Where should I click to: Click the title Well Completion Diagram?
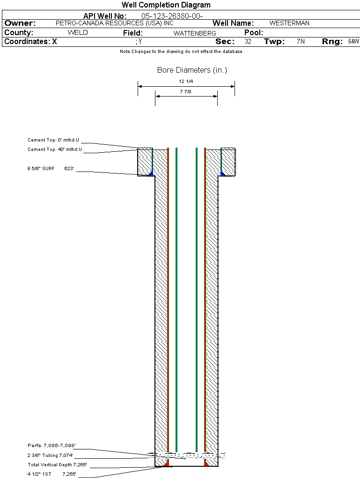tap(166, 5)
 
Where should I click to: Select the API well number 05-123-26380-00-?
tap(172, 16)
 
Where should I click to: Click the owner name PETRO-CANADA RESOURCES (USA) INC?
tap(115, 23)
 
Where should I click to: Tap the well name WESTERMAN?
tap(289, 23)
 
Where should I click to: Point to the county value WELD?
tap(78, 33)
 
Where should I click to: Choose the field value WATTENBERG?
tap(195, 33)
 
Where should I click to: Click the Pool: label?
tap(254, 33)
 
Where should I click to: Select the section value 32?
tap(248, 41)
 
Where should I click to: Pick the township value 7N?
tap(301, 41)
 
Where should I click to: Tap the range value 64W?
tap(353, 41)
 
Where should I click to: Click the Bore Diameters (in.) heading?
tap(192, 70)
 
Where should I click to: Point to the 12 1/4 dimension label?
tap(186, 82)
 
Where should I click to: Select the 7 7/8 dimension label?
tap(185, 91)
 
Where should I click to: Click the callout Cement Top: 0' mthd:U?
tap(53, 140)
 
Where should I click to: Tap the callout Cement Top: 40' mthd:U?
tap(55, 149)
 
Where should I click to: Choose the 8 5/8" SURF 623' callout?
tap(51, 169)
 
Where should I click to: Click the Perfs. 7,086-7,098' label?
tap(52, 446)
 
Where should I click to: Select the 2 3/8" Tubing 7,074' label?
tap(50, 456)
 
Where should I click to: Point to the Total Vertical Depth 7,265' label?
tap(57, 465)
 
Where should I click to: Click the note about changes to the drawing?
tap(181, 52)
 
